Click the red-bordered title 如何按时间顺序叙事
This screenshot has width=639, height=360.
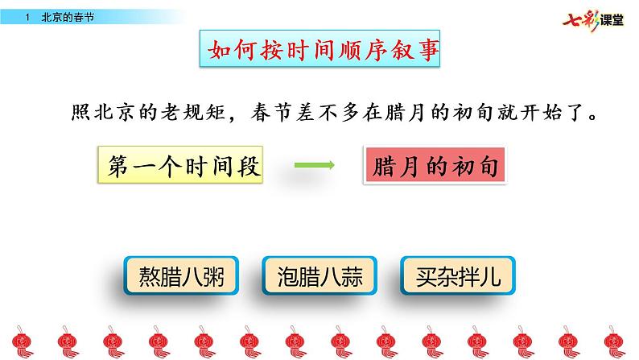point(319,52)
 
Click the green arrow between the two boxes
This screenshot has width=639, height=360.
point(314,167)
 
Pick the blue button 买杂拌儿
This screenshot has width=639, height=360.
point(455,279)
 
